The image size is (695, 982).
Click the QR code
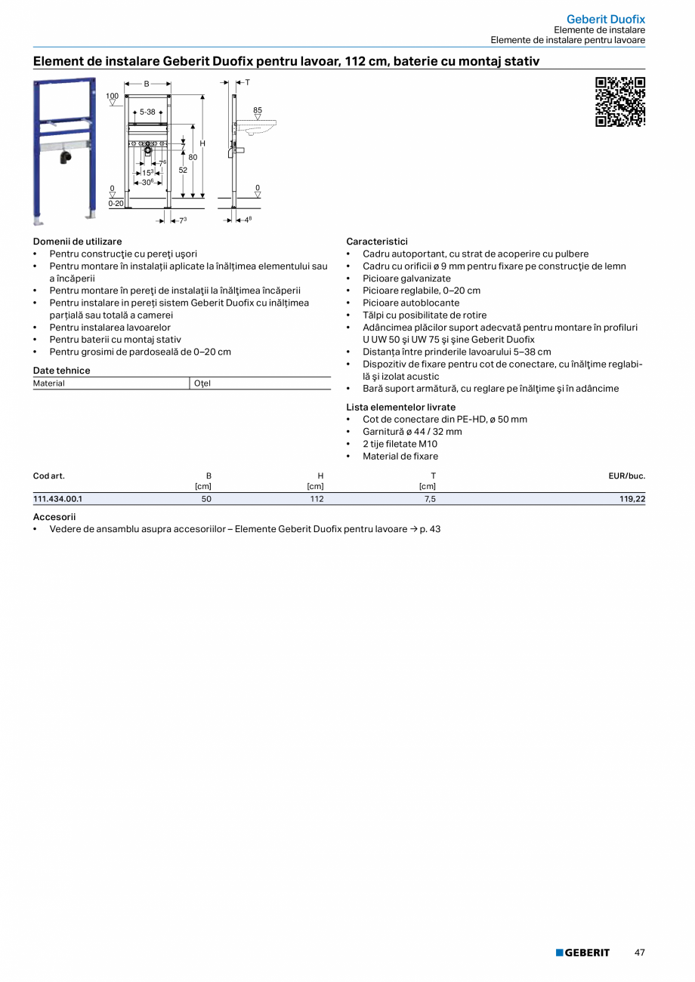tap(620, 102)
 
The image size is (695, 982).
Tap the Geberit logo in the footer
tap(582, 953)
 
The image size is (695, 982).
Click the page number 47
tap(639, 953)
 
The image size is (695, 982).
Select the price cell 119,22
tap(632, 499)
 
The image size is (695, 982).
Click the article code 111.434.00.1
tap(57, 499)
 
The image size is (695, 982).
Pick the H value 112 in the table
tap(317, 499)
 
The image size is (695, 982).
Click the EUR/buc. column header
tap(626, 476)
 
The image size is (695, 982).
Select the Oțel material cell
tap(202, 383)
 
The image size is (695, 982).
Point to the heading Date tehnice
tap(61, 371)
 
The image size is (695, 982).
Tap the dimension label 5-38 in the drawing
tap(147, 112)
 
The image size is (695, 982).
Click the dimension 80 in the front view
tap(193, 157)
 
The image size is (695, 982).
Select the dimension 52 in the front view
tap(183, 170)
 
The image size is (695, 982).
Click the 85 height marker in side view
tap(258, 110)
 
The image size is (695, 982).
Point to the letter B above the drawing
tap(147, 84)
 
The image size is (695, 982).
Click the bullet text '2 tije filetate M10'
tap(400, 444)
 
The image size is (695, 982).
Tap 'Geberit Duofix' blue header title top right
tap(606, 19)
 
